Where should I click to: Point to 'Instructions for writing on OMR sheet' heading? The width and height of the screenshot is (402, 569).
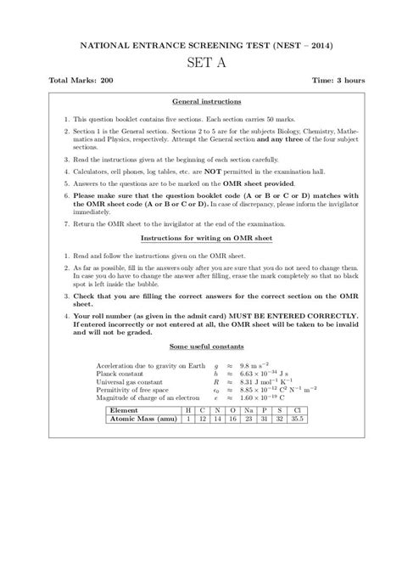[x=201, y=239]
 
